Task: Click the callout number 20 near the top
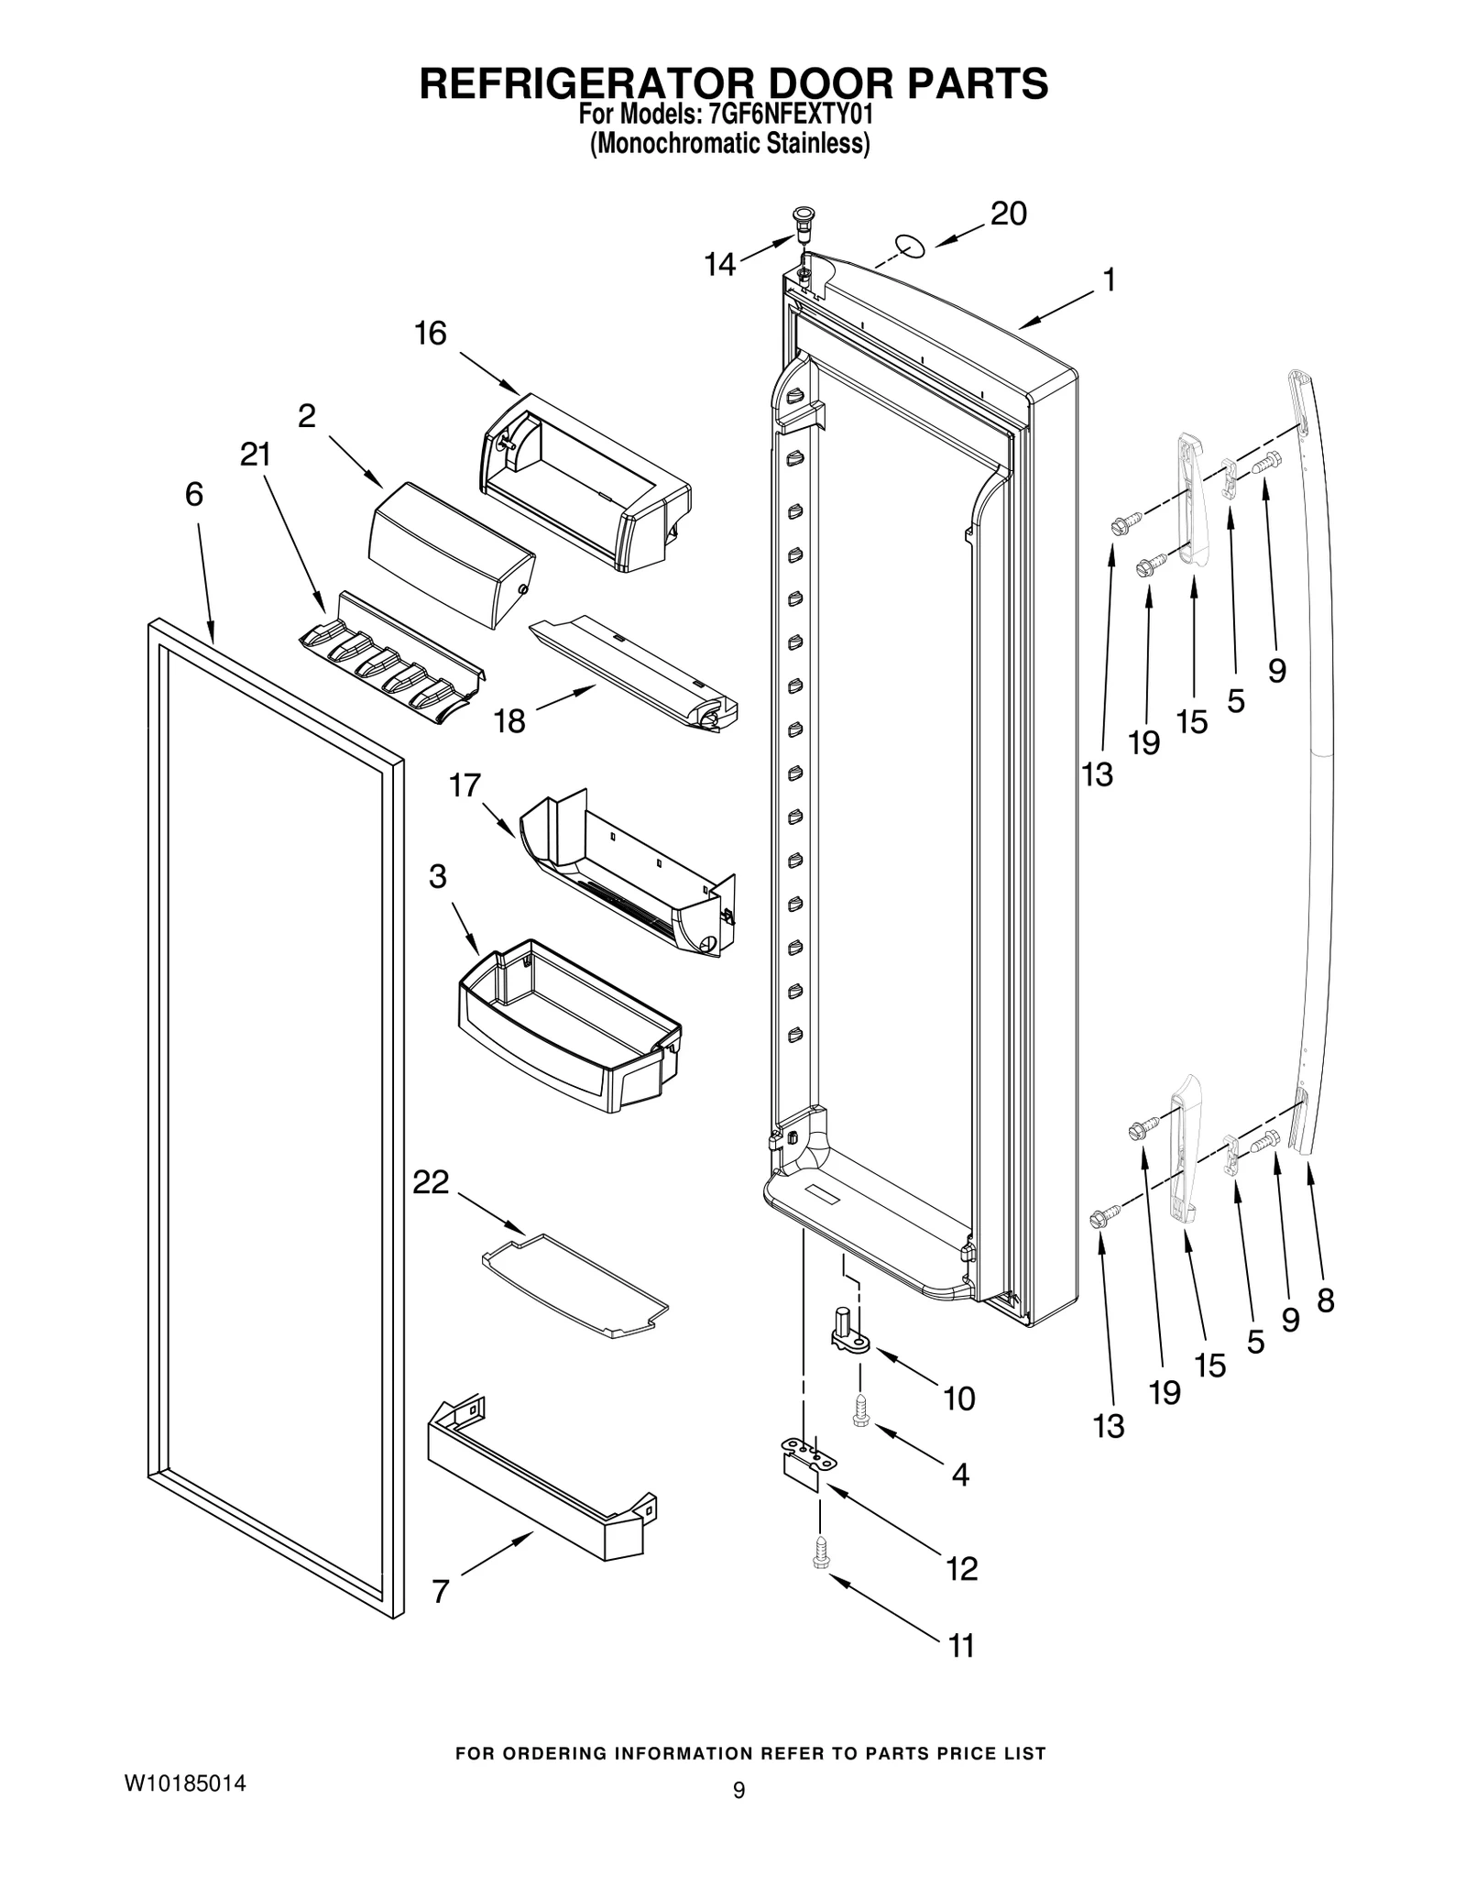[1008, 214]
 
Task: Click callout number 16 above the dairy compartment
[431, 334]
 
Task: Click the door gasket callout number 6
[193, 495]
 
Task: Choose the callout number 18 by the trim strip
[509, 721]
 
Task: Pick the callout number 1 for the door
[1109, 280]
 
